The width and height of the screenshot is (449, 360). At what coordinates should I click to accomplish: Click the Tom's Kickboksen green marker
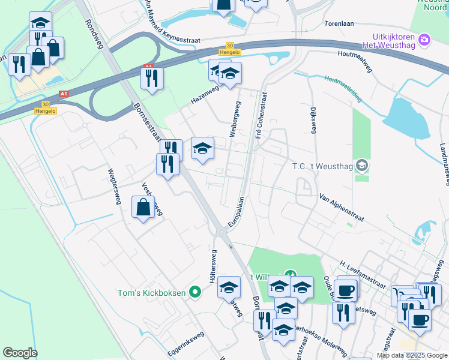(194, 293)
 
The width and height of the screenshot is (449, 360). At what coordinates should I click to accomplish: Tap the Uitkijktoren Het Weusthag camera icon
(425, 40)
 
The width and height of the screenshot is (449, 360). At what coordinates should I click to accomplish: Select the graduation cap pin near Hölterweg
(229, 287)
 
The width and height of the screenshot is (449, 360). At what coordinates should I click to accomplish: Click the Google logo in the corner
(20, 353)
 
